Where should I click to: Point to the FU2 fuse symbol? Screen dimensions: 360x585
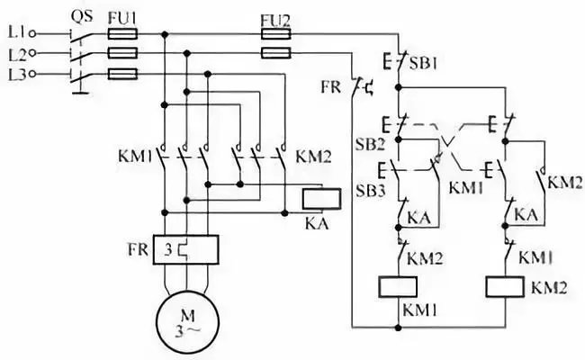tap(274, 34)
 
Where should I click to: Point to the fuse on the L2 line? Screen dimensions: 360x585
tap(121, 54)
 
